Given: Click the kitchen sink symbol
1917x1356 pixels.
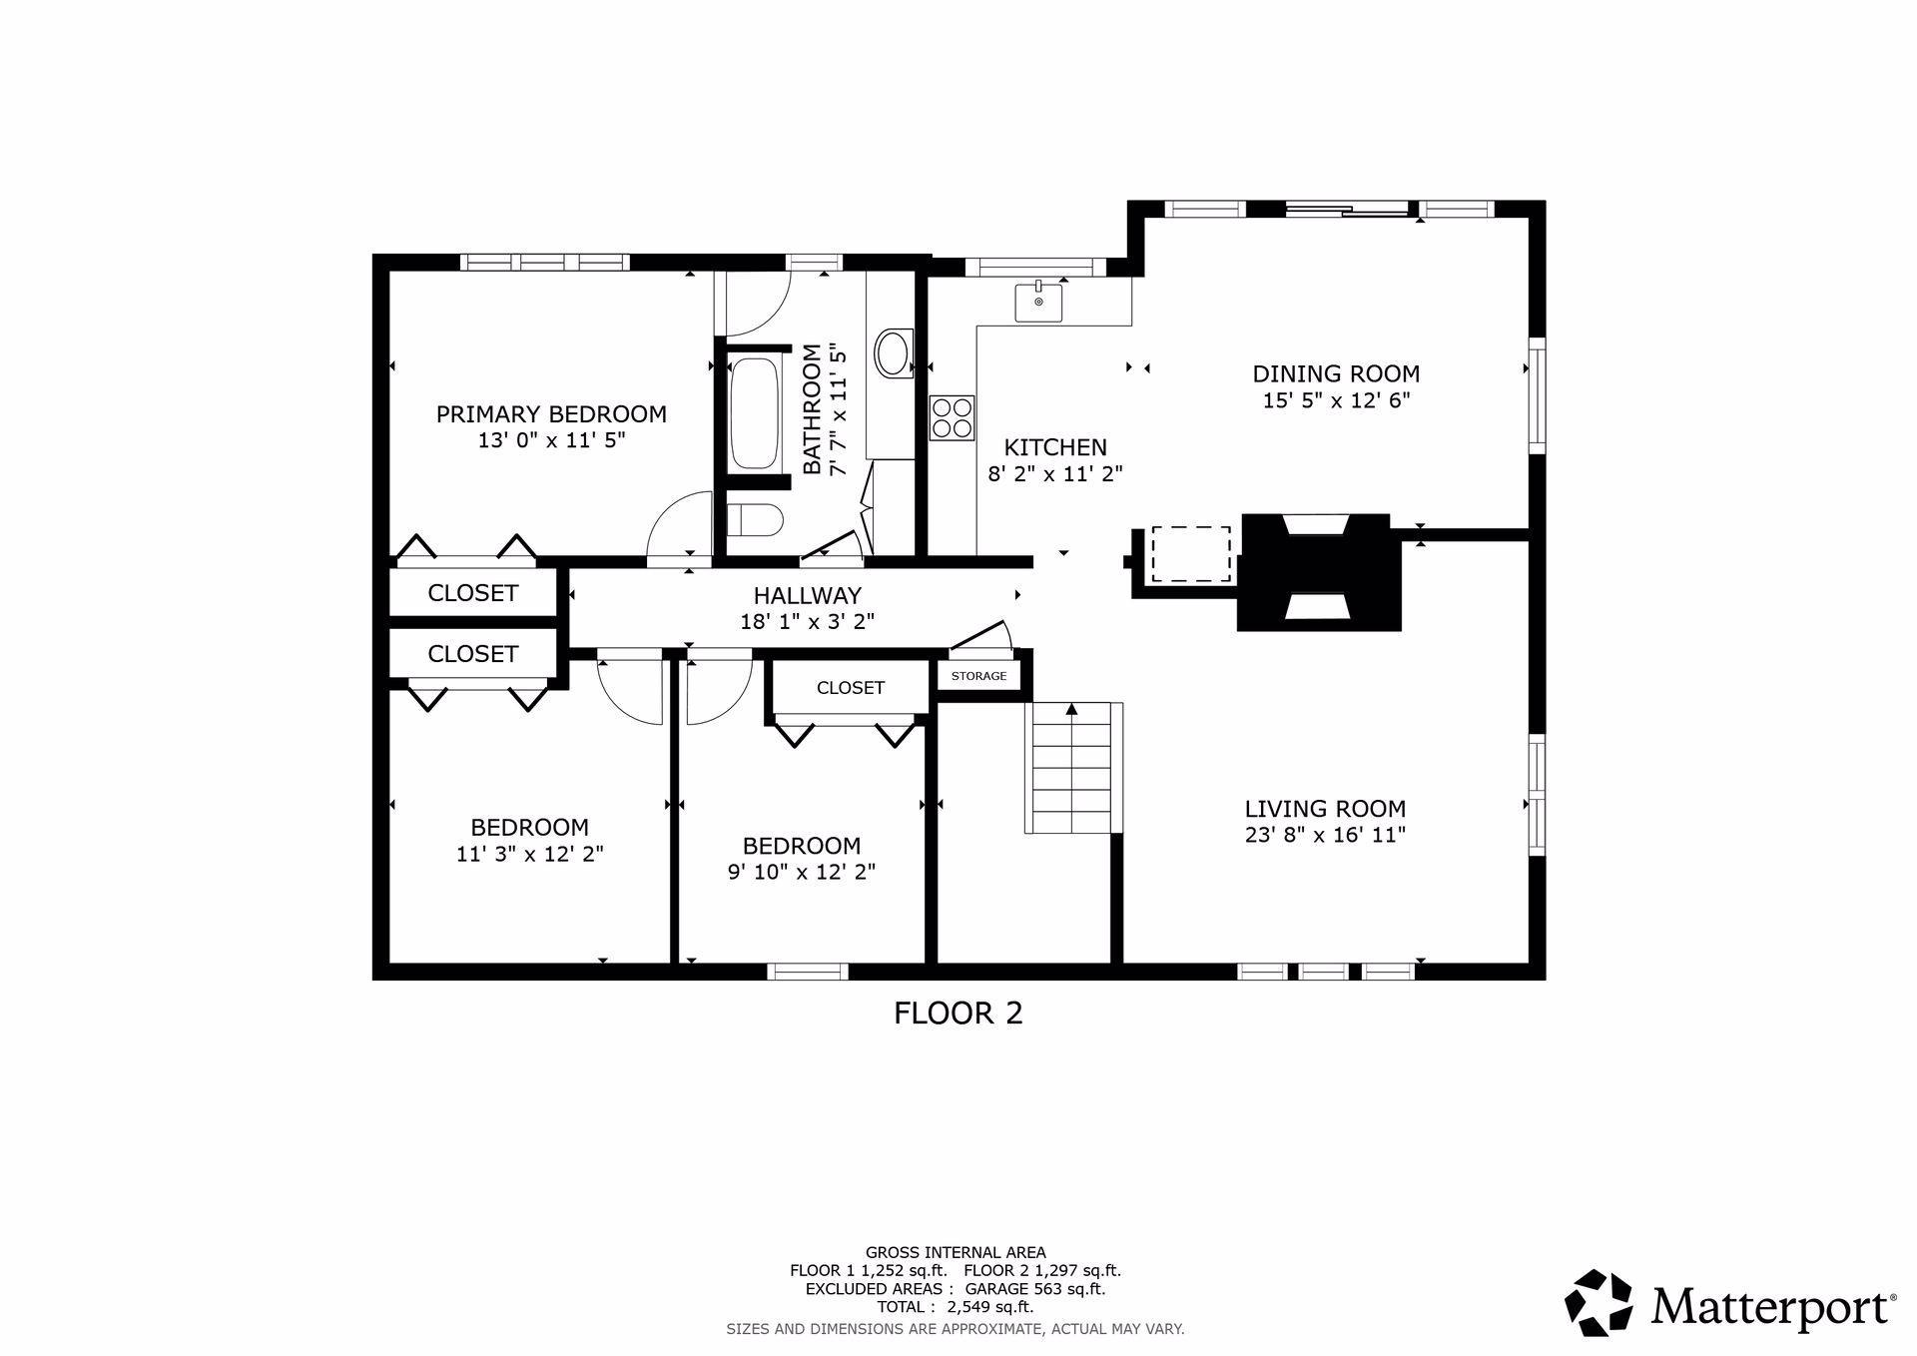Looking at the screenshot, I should tap(1038, 302).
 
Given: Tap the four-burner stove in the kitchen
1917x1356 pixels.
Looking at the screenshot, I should tap(952, 417).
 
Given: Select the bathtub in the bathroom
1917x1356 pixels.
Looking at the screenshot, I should tap(755, 412).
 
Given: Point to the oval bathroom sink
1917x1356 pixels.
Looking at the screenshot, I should tap(893, 352).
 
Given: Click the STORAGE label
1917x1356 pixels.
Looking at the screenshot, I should tap(978, 676).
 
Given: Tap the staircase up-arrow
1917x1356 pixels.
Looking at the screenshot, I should tap(1071, 710).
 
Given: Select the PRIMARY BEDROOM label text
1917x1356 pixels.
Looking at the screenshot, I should tap(551, 413).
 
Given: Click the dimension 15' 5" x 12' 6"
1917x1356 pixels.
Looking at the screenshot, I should tap(1336, 400).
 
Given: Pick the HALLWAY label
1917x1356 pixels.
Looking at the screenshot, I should tap(807, 596).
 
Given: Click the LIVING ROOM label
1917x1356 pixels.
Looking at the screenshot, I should tap(1325, 809).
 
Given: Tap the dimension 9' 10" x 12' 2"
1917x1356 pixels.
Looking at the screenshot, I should tap(801, 872).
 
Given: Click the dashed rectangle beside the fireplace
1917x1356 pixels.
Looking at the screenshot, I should tap(1191, 554).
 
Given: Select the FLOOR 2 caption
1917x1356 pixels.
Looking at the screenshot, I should tap(958, 1014).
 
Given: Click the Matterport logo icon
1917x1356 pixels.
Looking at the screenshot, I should tap(1597, 1303).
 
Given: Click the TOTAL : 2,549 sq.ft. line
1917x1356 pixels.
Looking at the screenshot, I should tap(955, 1307).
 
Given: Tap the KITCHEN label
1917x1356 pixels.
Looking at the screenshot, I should tap(1055, 447).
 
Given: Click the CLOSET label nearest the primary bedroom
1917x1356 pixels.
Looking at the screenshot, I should tap(472, 593).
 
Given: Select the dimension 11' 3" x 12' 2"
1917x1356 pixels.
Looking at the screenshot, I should tap(529, 854).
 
